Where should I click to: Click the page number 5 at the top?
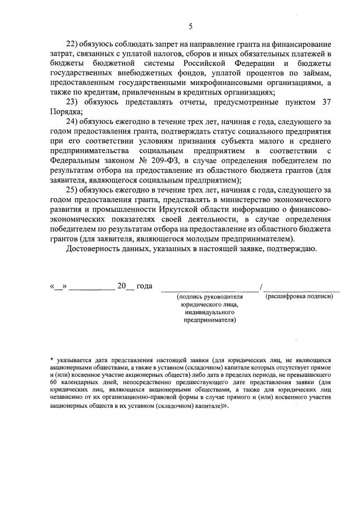click(190, 26)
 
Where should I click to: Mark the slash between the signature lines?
click(261, 287)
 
